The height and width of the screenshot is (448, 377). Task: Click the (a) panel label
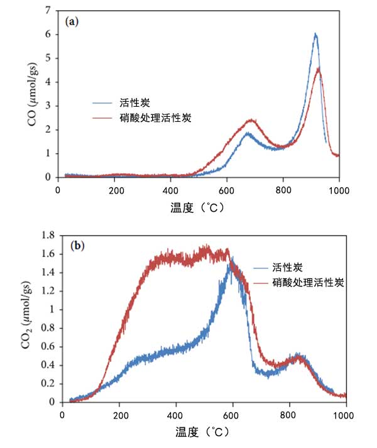(72, 21)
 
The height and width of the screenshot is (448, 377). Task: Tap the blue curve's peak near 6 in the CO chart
(315, 35)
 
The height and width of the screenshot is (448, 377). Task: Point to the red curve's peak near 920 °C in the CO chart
(319, 68)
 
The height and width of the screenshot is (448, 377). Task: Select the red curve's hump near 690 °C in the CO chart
(251, 120)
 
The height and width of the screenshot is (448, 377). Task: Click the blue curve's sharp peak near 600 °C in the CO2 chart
(232, 258)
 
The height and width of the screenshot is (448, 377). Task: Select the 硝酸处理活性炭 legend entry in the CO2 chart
(309, 283)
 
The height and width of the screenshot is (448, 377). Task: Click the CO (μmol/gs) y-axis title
(33, 94)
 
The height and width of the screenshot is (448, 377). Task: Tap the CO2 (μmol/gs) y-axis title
(33, 318)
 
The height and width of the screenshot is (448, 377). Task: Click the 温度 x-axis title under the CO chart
(198, 207)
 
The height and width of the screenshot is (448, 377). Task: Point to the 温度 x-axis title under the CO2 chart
(202, 432)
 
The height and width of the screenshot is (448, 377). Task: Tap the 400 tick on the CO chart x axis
(170, 189)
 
